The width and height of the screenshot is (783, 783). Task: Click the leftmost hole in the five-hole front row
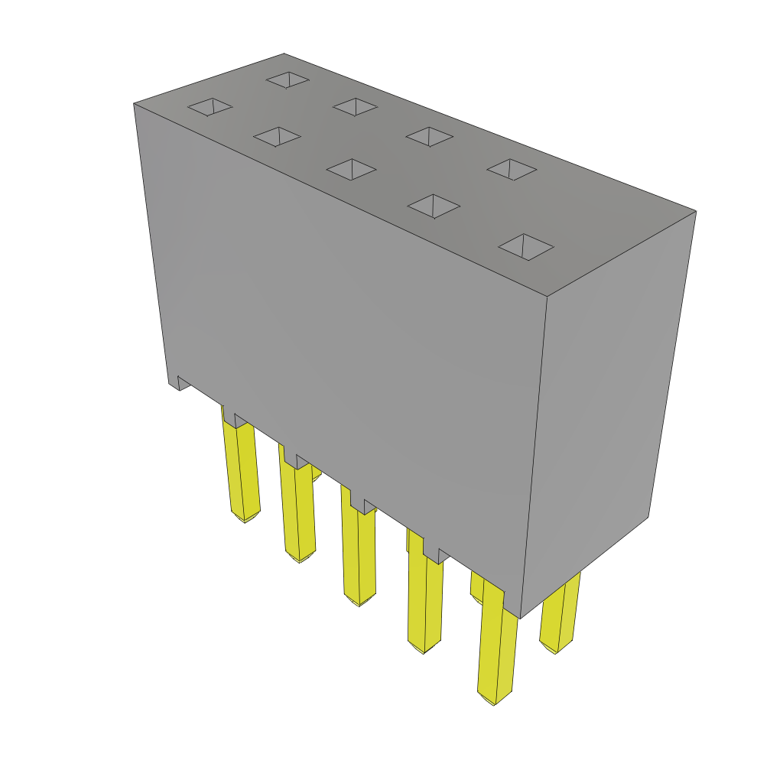click(210, 107)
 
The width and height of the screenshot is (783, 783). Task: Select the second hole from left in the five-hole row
click(277, 137)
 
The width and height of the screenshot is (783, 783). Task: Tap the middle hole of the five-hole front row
click(351, 169)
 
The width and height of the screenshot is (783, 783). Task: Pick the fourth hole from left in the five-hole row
click(434, 206)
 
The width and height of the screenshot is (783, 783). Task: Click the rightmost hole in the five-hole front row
click(526, 247)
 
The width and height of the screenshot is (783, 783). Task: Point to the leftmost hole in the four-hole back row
click(288, 80)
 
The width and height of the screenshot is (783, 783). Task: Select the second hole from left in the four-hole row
click(355, 106)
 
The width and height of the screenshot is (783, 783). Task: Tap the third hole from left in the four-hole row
click(429, 136)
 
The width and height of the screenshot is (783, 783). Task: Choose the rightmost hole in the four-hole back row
click(512, 169)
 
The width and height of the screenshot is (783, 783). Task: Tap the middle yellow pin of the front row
click(359, 554)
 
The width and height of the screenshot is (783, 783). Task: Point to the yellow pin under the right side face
click(560, 612)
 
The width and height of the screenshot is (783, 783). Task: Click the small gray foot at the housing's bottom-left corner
click(184, 382)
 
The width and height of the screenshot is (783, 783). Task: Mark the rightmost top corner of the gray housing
click(696, 211)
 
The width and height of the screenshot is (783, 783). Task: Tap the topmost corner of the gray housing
click(284, 54)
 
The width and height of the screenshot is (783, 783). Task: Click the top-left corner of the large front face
click(135, 104)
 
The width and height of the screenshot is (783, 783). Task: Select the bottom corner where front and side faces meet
click(520, 618)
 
